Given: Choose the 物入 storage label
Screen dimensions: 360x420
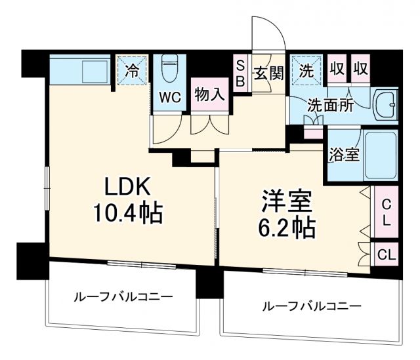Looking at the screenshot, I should (x=209, y=94).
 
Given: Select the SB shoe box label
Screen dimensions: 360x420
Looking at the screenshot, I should (x=240, y=73).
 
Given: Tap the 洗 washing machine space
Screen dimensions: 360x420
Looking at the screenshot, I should (x=305, y=68).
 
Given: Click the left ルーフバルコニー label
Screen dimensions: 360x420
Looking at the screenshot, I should (x=123, y=296).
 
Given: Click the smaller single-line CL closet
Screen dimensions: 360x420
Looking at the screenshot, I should (x=387, y=254).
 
